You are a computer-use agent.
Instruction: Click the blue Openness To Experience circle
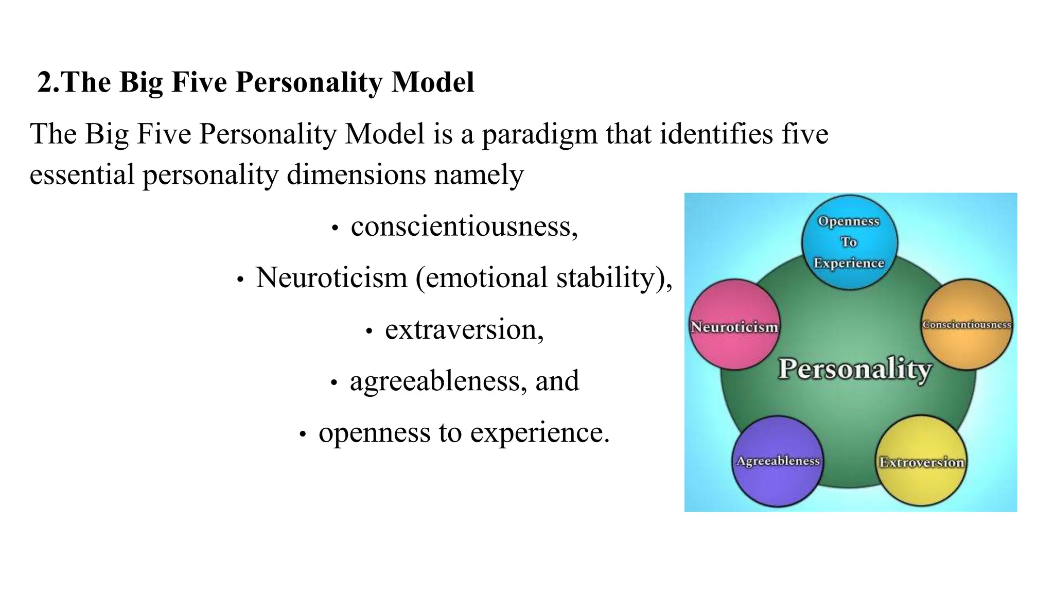coord(849,242)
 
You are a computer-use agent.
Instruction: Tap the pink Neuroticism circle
coord(734,325)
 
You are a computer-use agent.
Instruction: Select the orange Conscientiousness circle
coord(967,324)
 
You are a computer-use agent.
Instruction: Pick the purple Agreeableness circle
coord(777,462)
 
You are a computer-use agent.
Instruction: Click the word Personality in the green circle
coord(855,369)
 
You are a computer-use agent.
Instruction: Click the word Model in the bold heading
coord(432,82)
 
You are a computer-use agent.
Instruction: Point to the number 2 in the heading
coord(46,82)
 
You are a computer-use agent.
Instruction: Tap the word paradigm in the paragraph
coord(539,135)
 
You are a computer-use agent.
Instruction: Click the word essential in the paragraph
coord(82,175)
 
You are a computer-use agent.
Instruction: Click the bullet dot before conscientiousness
coord(335,228)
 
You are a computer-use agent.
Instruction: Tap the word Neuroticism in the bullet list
coord(331,278)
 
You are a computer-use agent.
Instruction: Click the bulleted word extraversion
coord(463,329)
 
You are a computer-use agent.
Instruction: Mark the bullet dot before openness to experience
coord(303,434)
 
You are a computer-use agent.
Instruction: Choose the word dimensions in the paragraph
coord(356,175)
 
